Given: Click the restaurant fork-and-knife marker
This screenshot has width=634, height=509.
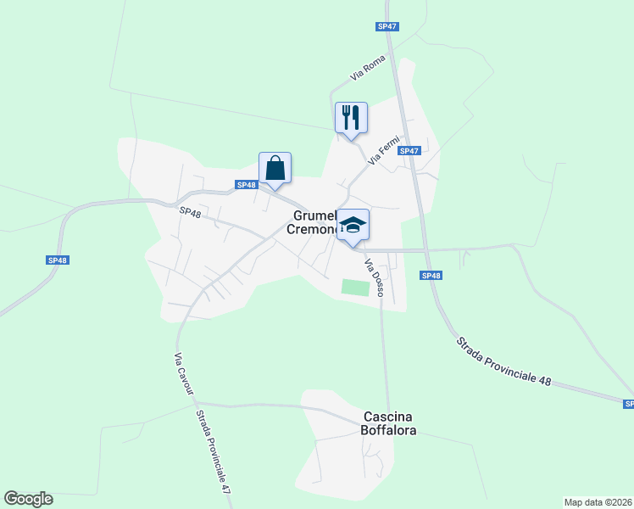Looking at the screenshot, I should pos(352,117).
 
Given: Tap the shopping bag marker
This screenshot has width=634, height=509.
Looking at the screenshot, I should pos(275,167).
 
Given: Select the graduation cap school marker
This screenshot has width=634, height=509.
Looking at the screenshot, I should pos(353,225).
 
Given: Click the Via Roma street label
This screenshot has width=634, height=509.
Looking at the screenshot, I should pos(368,69).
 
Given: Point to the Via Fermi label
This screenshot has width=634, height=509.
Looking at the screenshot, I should pos(383,149).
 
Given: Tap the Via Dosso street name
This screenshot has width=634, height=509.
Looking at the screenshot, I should pos(374,277).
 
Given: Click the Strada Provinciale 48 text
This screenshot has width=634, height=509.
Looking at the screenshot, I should pos(503,361).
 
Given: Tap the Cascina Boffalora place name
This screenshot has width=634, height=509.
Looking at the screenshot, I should pos(388,422).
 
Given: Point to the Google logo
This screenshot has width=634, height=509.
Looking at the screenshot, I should pos(28,499).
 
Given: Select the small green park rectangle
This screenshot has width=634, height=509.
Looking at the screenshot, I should pos(356,288).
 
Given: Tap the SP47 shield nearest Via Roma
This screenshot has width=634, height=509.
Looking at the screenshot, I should pos(387,26).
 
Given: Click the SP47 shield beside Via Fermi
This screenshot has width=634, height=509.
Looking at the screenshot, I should pos(409,151).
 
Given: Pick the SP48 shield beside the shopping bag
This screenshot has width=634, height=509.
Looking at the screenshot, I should pos(246,185).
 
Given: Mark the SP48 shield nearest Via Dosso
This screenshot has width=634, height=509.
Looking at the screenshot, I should pos(431,275).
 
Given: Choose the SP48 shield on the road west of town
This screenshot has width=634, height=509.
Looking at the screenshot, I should pos(57,260).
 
